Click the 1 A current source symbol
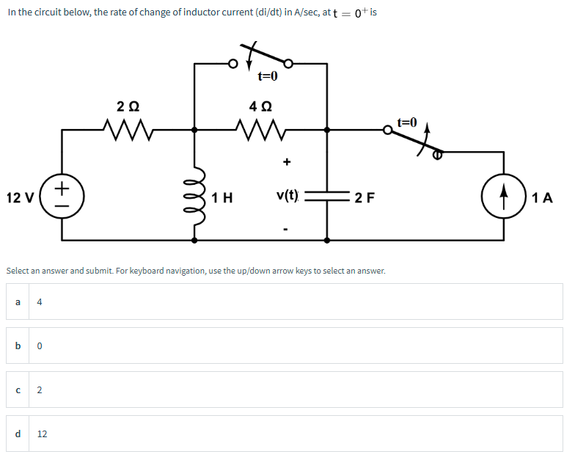click(504, 197)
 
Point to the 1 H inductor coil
click(195, 197)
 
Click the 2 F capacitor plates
click(327, 197)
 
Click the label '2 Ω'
click(128, 105)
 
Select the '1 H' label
click(221, 197)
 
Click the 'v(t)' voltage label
click(287, 195)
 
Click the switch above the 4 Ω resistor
click(261, 59)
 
